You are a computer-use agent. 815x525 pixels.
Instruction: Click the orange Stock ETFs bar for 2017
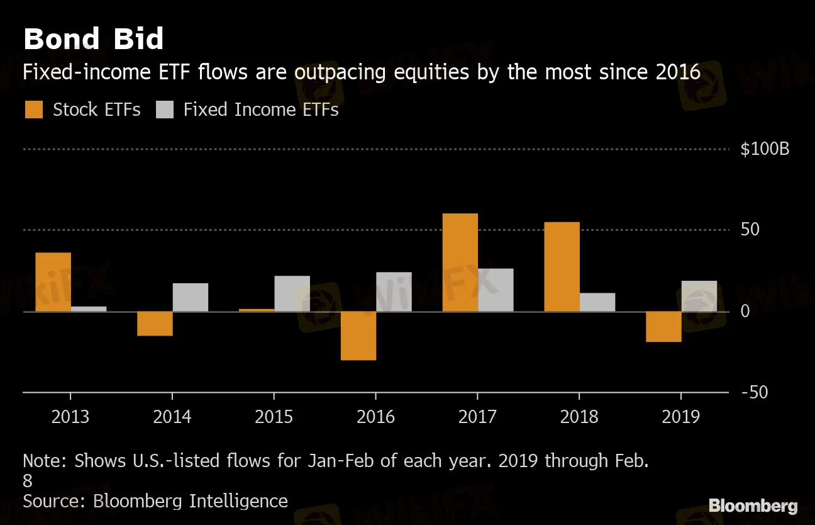pyautogui.click(x=460, y=262)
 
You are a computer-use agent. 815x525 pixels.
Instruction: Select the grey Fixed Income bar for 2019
pyautogui.click(x=699, y=296)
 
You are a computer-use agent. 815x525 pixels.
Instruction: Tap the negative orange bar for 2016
pyautogui.click(x=358, y=336)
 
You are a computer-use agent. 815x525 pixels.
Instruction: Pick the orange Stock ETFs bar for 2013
pyautogui.click(x=53, y=282)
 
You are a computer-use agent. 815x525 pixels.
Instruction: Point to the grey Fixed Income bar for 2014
pyautogui.click(x=190, y=297)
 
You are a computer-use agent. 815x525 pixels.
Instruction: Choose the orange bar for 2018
pyautogui.click(x=562, y=267)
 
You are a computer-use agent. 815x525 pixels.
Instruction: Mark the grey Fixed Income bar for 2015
pyautogui.click(x=292, y=293)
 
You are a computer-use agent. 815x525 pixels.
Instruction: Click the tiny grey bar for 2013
pyautogui.click(x=89, y=308)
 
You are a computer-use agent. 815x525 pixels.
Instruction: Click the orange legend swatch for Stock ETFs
pyautogui.click(x=34, y=110)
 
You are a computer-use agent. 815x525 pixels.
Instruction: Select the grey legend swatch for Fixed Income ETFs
pyautogui.click(x=164, y=110)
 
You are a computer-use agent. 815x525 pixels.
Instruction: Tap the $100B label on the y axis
pyautogui.click(x=765, y=150)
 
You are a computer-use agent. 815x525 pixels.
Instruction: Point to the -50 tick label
pyautogui.click(x=754, y=392)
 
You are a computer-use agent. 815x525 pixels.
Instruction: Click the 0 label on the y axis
pyautogui.click(x=745, y=312)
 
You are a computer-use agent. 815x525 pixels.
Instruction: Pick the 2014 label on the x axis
pyautogui.click(x=172, y=417)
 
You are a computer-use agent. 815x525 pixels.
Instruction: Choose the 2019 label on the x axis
pyautogui.click(x=680, y=417)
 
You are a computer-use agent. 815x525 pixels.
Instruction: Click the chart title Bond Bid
pyautogui.click(x=93, y=39)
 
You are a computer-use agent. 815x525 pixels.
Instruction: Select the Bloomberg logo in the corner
pyautogui.click(x=753, y=505)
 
